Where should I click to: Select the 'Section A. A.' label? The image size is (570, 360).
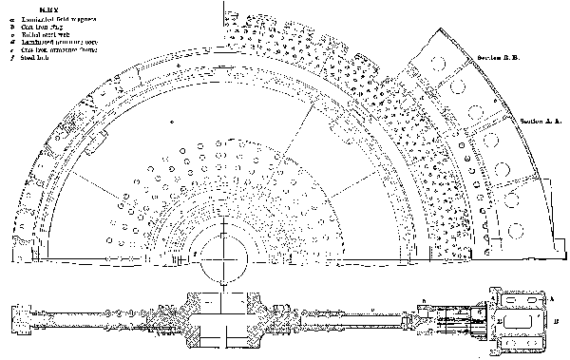[x=541, y=122]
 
